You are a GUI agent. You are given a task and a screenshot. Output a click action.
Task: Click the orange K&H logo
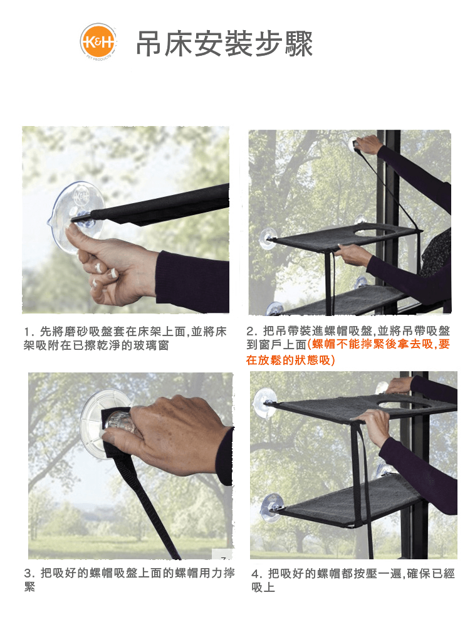point(98,41)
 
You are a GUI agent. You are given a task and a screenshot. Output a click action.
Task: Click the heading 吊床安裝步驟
point(224,43)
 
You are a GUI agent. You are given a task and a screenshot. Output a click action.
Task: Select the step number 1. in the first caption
point(29,332)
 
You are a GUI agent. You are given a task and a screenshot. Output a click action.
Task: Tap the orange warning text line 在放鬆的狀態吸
point(290,360)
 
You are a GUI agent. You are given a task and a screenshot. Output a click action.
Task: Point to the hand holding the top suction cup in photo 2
point(370,145)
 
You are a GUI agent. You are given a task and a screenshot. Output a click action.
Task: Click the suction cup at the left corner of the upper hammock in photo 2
point(268,238)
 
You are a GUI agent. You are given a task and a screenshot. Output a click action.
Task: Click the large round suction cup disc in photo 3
point(100,424)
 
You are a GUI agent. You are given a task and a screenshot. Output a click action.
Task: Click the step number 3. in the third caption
point(29,573)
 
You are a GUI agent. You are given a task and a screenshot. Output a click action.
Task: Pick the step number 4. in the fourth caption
point(257,574)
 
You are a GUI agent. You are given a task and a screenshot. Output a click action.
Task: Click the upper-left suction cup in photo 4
point(264,403)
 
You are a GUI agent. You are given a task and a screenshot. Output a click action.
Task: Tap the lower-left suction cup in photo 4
point(271,508)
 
